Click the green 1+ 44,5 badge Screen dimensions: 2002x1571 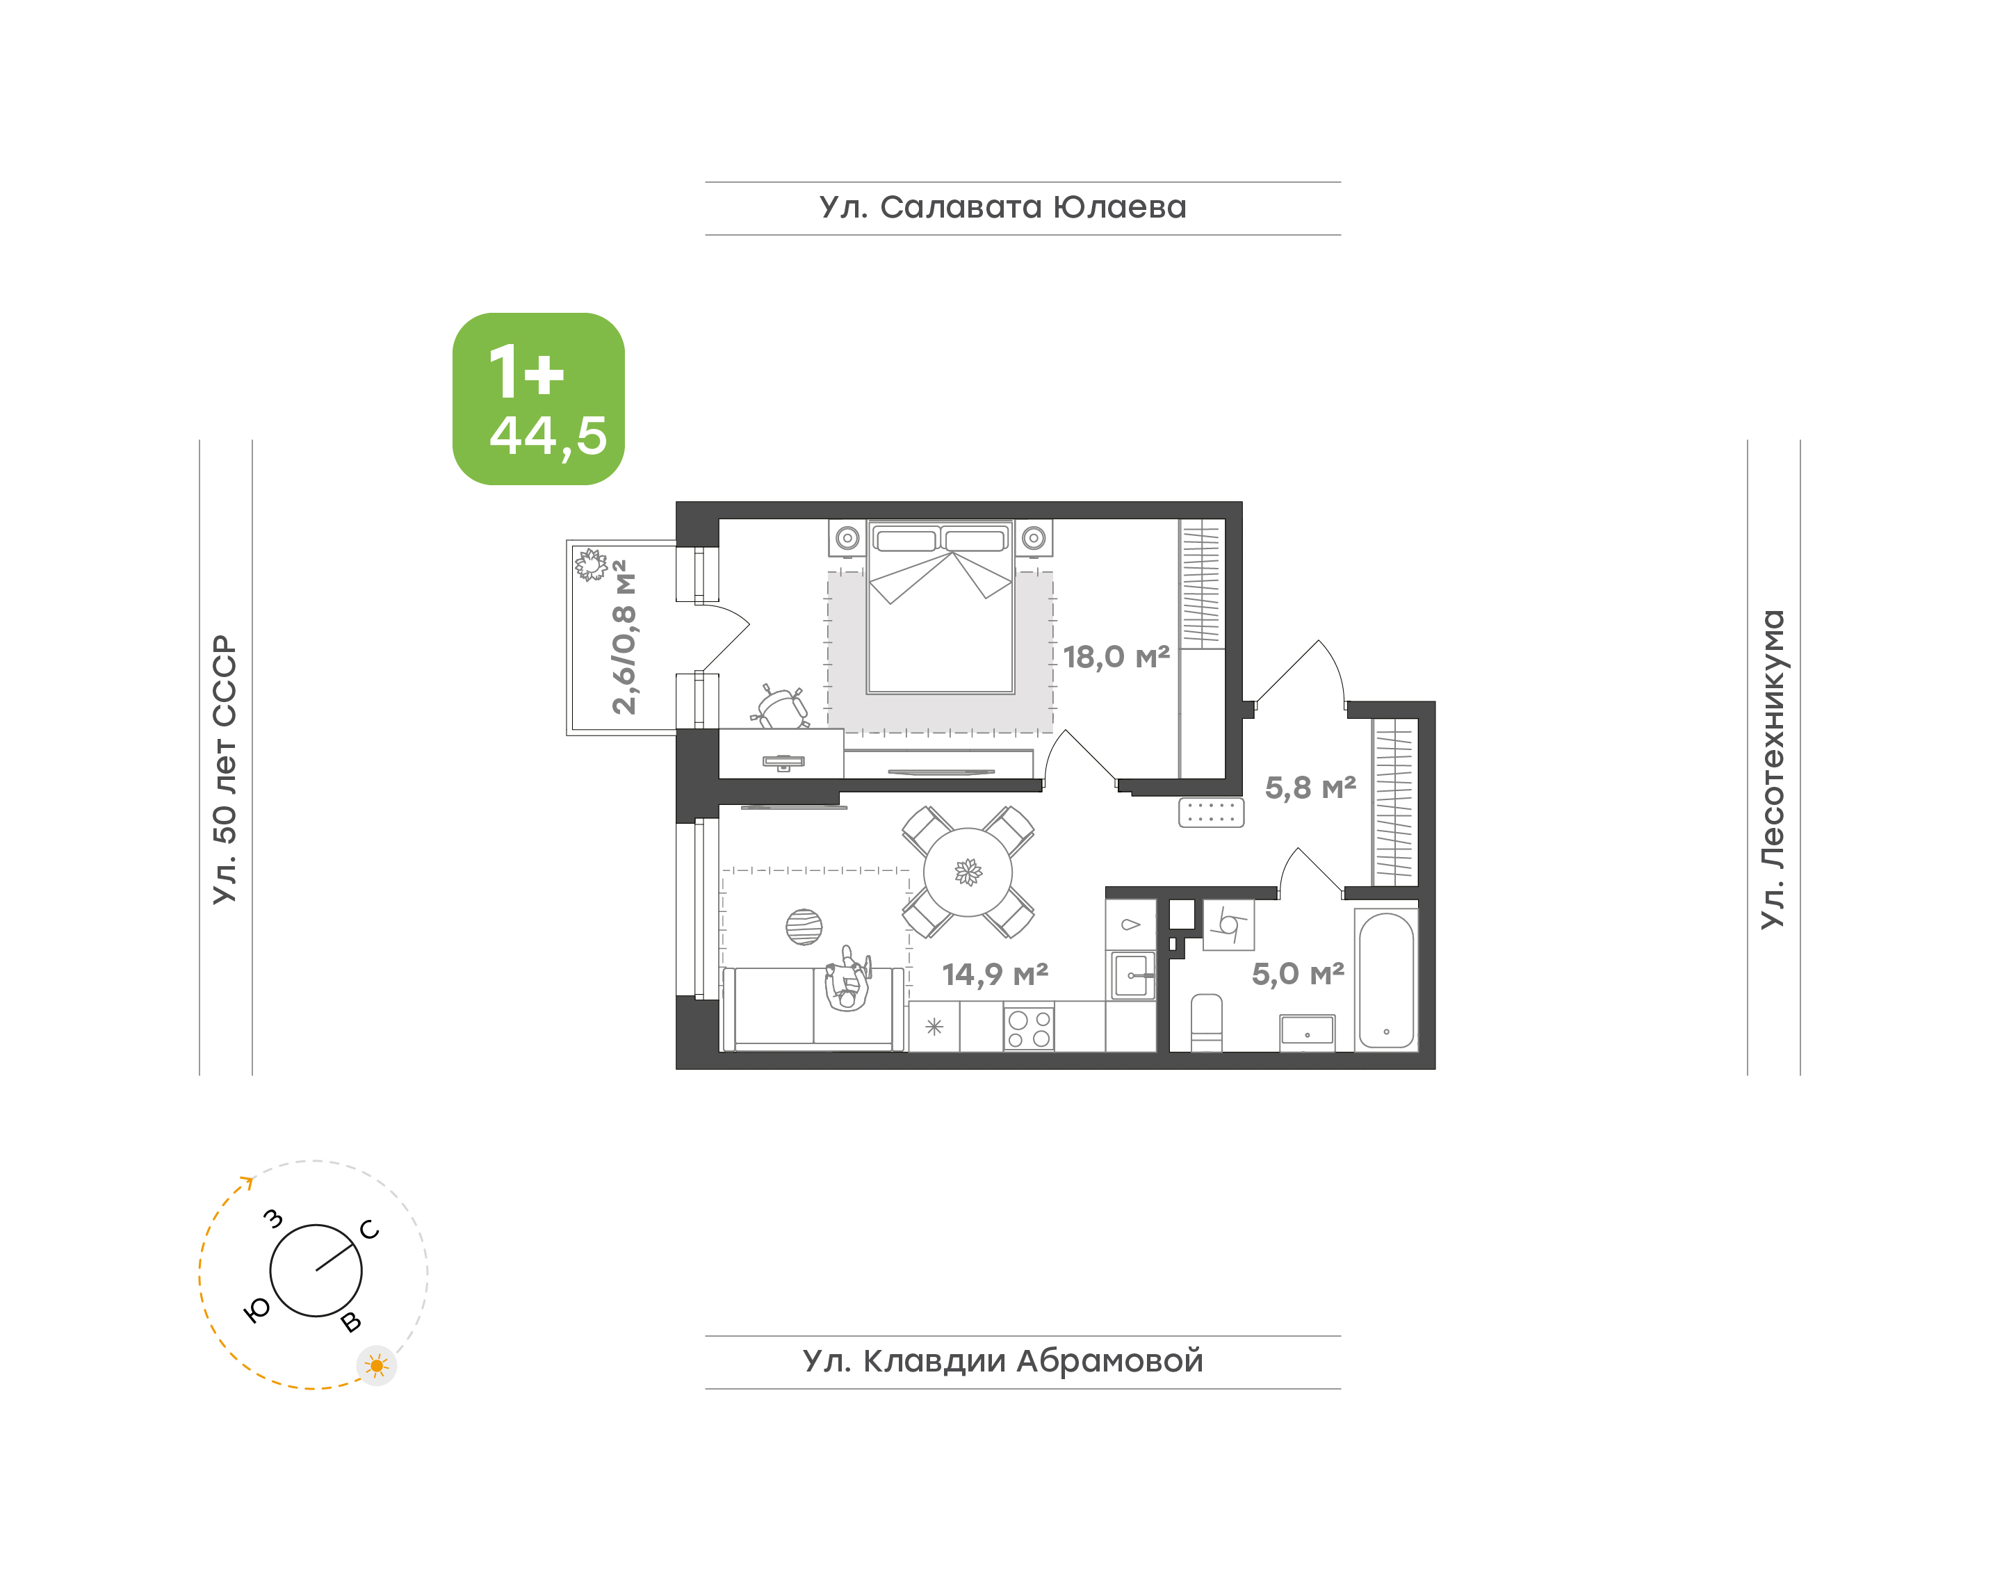[x=538, y=398]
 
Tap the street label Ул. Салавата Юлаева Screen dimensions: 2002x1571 [x=1002, y=207]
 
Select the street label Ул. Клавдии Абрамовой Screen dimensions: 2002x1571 [x=1002, y=1360]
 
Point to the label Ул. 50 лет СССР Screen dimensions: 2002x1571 [x=225, y=769]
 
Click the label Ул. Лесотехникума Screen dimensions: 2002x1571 [x=1772, y=769]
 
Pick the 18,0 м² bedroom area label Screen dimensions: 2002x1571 [x=1116, y=657]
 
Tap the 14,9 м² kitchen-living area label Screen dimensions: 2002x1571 [x=994, y=974]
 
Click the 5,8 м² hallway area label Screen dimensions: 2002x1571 [x=1310, y=788]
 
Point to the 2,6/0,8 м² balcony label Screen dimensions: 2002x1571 [x=624, y=637]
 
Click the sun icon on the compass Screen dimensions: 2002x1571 [x=376, y=1366]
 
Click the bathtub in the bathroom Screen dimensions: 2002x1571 [x=1386, y=979]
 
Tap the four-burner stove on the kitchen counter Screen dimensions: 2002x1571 [x=1028, y=1028]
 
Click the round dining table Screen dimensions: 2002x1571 [x=968, y=872]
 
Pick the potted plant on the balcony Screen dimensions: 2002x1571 [x=590, y=564]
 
